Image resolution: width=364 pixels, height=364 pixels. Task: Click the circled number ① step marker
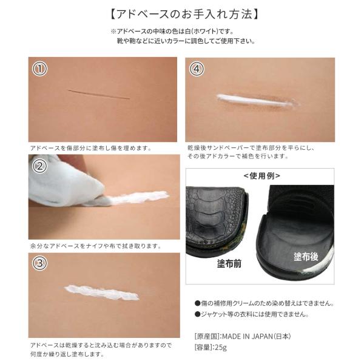pyautogui.click(x=39, y=69)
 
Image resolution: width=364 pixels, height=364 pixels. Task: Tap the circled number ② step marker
pyautogui.click(x=39, y=166)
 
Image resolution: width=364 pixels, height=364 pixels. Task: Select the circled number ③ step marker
pyautogui.click(x=39, y=263)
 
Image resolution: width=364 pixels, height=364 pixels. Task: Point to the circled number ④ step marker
pyautogui.click(x=197, y=69)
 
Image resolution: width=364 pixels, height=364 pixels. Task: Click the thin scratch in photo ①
pyautogui.click(x=99, y=94)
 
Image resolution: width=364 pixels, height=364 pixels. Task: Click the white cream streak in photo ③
pyautogui.click(x=102, y=292)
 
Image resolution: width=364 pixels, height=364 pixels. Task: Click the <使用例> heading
pyautogui.click(x=262, y=176)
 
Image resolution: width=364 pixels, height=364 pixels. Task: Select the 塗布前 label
pyautogui.click(x=229, y=263)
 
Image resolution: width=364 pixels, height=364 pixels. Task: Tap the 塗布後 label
pyautogui.click(x=306, y=257)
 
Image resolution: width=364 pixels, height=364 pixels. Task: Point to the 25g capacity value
pyautogui.click(x=221, y=348)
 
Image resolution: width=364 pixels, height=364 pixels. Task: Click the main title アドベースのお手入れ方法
pyautogui.click(x=184, y=14)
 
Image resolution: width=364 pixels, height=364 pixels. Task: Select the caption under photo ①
pyautogui.click(x=91, y=148)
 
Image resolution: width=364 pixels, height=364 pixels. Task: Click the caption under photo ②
pyautogui.click(x=96, y=246)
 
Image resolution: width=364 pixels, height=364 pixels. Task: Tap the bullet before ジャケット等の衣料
pyautogui.click(x=198, y=314)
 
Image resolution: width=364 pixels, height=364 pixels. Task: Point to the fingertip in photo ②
pyautogui.click(x=74, y=160)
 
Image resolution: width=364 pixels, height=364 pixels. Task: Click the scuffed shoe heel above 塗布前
pyautogui.click(x=217, y=221)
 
